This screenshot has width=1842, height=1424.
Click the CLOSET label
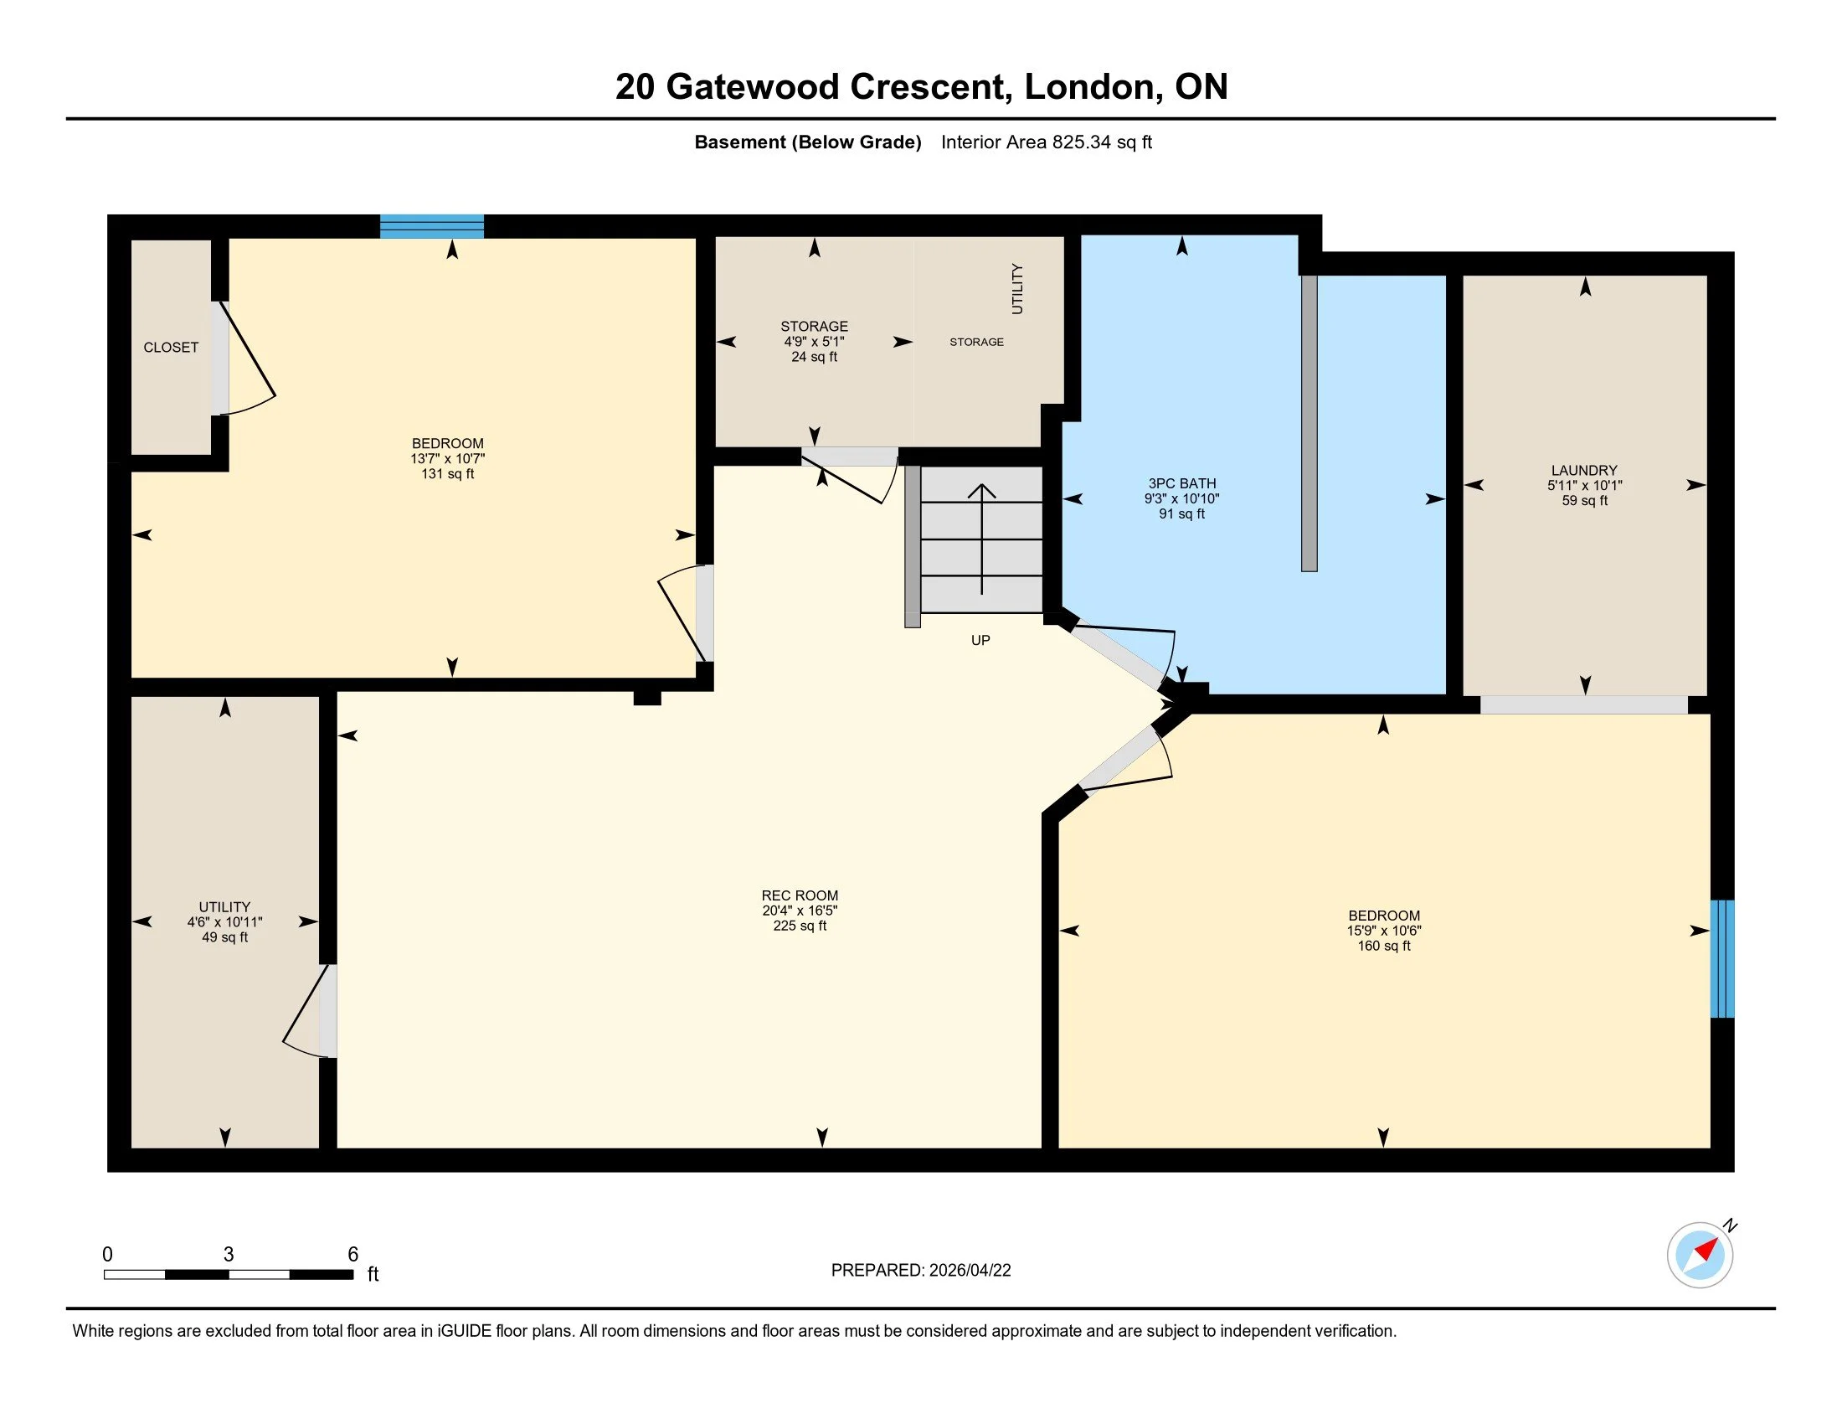point(170,348)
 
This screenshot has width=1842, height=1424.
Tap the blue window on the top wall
point(432,226)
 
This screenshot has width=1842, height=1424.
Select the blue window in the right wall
point(1721,958)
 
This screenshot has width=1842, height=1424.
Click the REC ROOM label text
point(800,896)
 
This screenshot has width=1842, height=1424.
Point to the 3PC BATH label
point(1181,483)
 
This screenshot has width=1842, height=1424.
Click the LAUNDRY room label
point(1584,471)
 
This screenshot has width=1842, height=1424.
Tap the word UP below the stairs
point(980,640)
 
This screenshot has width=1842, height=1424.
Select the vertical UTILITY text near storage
point(1017,288)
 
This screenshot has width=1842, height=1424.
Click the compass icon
point(1700,1255)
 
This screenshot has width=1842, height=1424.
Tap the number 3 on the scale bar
point(229,1255)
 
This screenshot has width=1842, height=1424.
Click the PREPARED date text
point(920,1271)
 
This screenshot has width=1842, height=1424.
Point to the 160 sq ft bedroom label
point(1383,931)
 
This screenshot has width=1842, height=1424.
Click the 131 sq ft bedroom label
point(447,458)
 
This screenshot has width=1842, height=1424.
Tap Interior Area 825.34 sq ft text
point(1046,142)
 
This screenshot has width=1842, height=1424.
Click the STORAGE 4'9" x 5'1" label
point(814,341)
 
